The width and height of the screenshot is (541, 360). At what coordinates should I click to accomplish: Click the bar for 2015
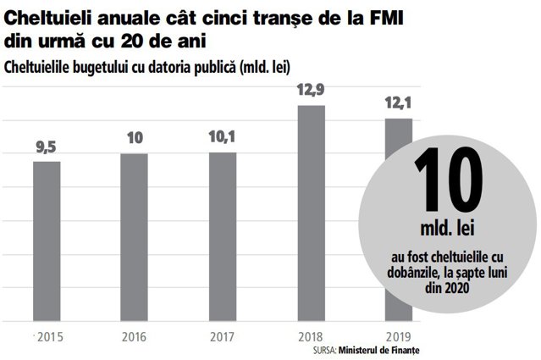click(x=47, y=241)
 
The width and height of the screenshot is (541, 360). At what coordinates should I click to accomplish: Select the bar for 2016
click(x=135, y=237)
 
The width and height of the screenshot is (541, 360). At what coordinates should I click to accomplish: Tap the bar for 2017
click(x=223, y=237)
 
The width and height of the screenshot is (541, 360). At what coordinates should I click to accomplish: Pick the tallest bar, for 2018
click(x=312, y=213)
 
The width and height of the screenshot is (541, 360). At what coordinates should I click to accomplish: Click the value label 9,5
click(x=47, y=147)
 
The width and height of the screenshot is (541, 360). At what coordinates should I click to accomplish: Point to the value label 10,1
click(x=222, y=136)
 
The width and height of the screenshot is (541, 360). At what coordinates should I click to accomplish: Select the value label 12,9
click(x=311, y=90)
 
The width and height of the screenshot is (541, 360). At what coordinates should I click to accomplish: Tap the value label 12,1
click(x=399, y=102)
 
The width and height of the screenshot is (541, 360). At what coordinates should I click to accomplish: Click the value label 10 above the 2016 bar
click(x=135, y=138)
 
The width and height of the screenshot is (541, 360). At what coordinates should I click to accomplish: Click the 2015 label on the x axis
click(x=50, y=337)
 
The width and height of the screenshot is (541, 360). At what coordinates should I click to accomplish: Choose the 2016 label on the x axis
click(x=135, y=337)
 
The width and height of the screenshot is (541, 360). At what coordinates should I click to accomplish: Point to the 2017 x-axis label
click(x=222, y=337)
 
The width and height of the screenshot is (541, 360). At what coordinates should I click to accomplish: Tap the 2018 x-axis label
click(x=310, y=337)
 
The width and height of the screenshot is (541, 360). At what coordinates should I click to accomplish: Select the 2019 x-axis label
click(x=399, y=337)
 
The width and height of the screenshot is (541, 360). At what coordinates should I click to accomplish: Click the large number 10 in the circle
click(x=449, y=180)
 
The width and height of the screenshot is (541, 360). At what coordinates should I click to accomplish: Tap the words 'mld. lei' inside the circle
click(x=447, y=228)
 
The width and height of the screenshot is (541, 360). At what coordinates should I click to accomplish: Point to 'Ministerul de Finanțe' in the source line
click(x=378, y=351)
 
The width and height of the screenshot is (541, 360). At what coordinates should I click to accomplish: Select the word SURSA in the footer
click(x=324, y=351)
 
